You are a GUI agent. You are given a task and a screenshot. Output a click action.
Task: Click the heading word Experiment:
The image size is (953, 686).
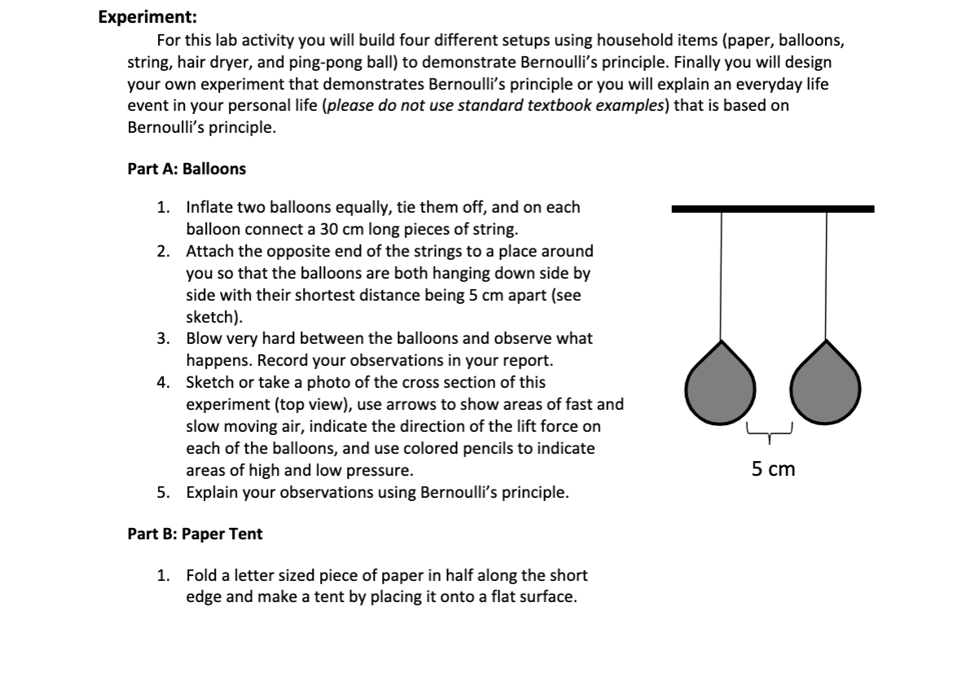point(147,17)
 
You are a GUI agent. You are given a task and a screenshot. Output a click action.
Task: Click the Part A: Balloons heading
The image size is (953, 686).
point(187,169)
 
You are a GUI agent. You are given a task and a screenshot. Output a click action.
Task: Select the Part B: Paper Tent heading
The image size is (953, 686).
point(195,534)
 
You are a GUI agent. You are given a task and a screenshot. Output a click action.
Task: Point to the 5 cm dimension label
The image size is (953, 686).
point(773,468)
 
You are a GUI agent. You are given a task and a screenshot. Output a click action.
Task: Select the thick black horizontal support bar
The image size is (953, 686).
point(772,209)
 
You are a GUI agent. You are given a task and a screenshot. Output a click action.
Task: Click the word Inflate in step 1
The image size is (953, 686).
point(210,207)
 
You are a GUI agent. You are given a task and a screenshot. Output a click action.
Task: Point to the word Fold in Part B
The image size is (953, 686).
point(202,575)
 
